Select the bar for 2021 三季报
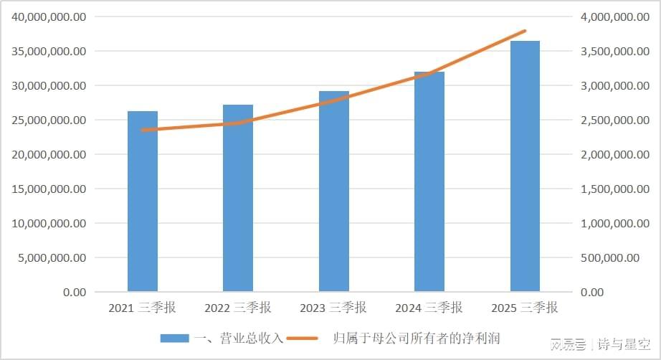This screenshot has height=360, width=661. pos(143,208)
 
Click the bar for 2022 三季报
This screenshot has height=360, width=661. pos(238,204)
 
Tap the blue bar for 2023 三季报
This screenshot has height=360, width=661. pos(333,197)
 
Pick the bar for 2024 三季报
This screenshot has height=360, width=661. pos(429,186)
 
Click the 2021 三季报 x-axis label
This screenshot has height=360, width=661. pos(143,308)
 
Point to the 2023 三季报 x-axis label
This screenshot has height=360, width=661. pos(333,308)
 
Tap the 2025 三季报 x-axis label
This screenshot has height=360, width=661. pos(525,308)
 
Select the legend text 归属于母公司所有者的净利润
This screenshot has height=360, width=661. pos(417,338)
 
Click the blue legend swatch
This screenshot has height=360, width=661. pos(173,338)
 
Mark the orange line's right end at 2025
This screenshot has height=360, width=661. pos(526,31)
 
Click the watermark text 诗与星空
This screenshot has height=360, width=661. pos(623,346)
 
